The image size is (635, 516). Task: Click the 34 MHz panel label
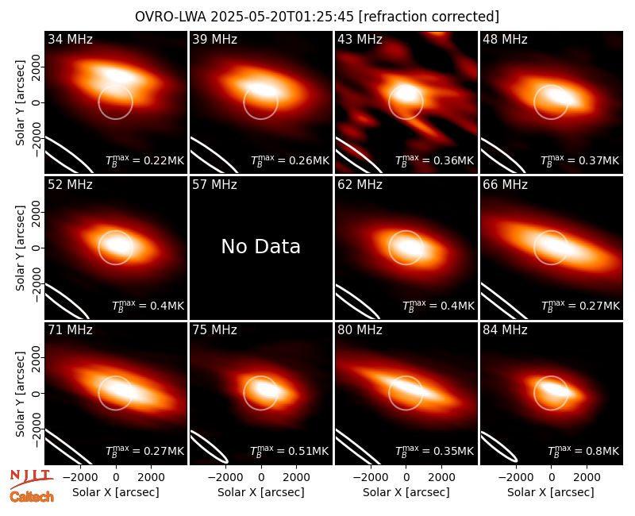pyautogui.click(x=70, y=39)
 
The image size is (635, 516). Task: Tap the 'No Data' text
pyautogui.click(x=261, y=246)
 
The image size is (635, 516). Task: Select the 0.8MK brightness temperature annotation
pyautogui.click(x=583, y=450)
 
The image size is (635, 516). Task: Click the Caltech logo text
pyautogui.click(x=32, y=497)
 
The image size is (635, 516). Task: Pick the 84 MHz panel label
pyautogui.click(x=505, y=330)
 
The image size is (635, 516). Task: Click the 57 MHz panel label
pyautogui.click(x=214, y=185)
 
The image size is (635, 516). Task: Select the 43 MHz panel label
pyautogui.click(x=360, y=39)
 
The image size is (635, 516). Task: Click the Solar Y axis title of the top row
pyautogui.click(x=21, y=102)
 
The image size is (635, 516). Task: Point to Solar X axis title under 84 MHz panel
pyautogui.click(x=551, y=492)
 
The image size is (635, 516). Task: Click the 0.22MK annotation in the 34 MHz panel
pyautogui.click(x=145, y=160)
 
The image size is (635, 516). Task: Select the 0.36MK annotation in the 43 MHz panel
pyautogui.click(x=435, y=160)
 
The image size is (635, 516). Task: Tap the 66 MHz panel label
pyautogui.click(x=505, y=185)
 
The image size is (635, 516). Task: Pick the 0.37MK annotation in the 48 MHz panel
pyautogui.click(x=580, y=160)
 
